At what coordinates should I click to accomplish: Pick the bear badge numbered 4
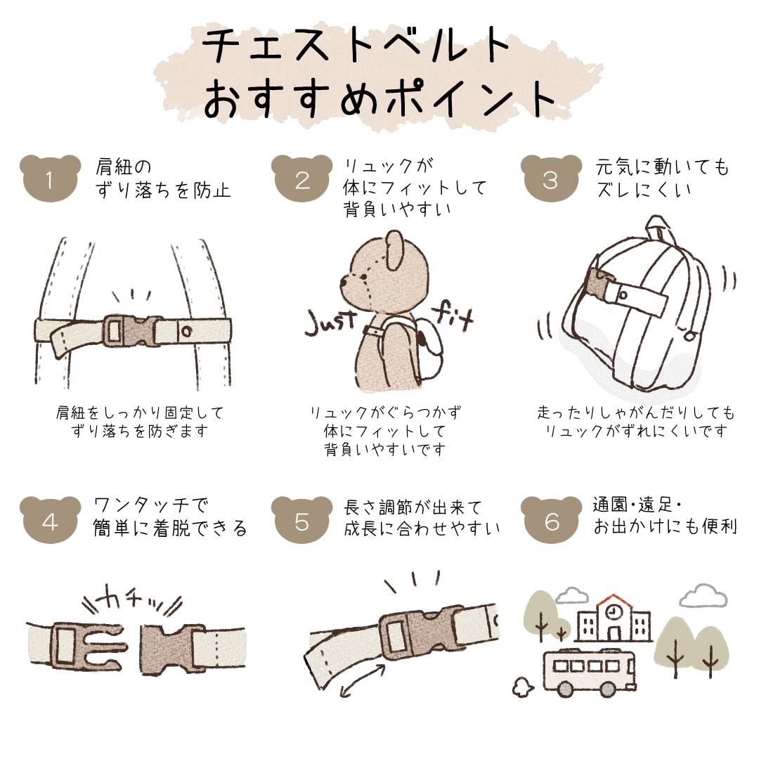(50, 519)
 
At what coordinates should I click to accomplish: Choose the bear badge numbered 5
(301, 519)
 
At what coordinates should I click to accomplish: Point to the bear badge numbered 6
(552, 519)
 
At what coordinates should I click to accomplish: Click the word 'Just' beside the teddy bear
(330, 323)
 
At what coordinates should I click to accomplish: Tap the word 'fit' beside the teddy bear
(453, 315)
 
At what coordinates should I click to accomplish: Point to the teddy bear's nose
(344, 280)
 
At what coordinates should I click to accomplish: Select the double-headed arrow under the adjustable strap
(362, 680)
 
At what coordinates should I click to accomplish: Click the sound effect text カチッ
(131, 604)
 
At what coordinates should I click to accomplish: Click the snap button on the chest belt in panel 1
(186, 332)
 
